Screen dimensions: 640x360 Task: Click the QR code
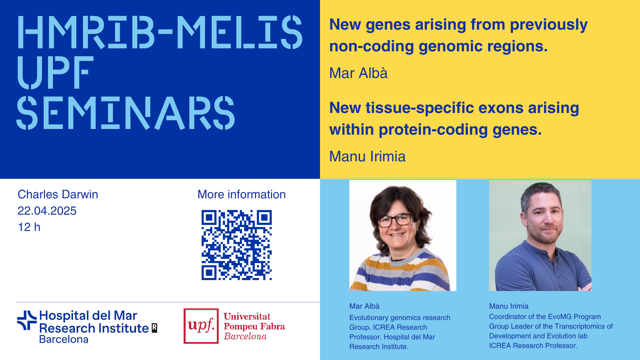(x=237, y=245)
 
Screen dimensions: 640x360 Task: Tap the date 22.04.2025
(x=47, y=211)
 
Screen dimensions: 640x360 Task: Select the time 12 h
(x=29, y=227)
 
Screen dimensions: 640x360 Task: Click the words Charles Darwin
(x=58, y=194)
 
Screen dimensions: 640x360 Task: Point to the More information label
(x=242, y=194)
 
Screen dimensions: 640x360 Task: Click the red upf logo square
(x=201, y=326)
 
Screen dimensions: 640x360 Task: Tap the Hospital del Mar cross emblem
(x=27, y=320)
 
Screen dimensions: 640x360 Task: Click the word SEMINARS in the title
(x=126, y=113)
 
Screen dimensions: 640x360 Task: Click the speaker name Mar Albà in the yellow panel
(x=358, y=73)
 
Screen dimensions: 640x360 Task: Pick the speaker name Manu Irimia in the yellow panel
(x=367, y=156)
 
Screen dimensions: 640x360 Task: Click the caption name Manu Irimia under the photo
(x=509, y=306)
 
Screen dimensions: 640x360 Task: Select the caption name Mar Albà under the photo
(x=364, y=306)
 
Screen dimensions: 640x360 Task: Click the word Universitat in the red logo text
(x=247, y=316)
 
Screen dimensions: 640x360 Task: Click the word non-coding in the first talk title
(x=371, y=46)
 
